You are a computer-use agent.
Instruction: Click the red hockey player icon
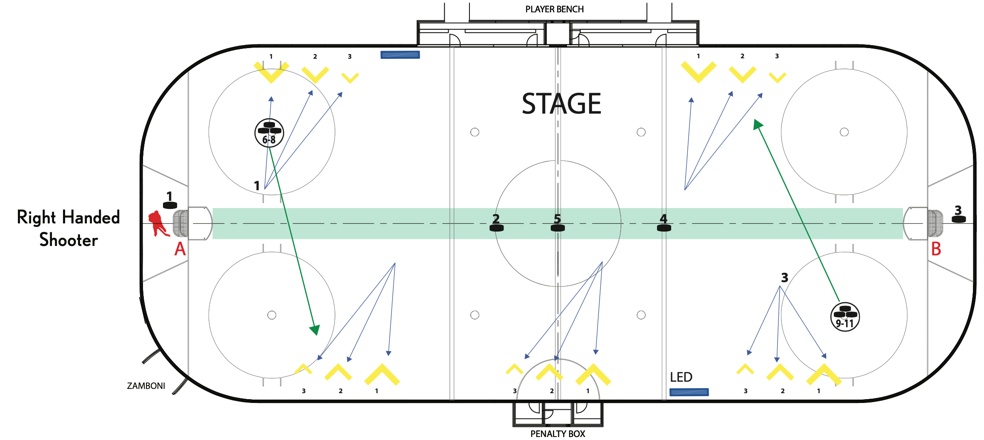pos(158,224)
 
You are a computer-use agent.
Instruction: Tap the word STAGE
pos(561,104)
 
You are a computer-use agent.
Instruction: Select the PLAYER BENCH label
pos(554,9)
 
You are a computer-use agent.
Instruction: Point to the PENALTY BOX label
pos(558,434)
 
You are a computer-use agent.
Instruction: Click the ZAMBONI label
pos(146,386)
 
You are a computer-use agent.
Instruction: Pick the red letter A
pos(180,249)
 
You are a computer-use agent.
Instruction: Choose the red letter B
pos(936,249)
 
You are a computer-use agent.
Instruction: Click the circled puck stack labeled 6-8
pos(269,133)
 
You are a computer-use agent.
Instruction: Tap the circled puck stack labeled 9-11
pos(845,317)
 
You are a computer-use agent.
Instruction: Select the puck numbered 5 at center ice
pos(558,228)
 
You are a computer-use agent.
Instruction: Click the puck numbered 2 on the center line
pos(496,228)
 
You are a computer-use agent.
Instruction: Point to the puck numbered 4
pos(664,228)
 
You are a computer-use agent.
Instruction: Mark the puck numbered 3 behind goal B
pos(958,219)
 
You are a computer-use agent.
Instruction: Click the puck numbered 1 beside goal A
pos(170,206)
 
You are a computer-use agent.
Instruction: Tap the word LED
pos(681,377)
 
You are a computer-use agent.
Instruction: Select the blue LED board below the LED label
pos(689,392)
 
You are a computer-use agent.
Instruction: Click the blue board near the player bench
pos(400,55)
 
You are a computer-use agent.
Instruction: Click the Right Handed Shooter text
pos(69,229)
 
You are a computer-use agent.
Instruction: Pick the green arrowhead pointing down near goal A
pos(315,330)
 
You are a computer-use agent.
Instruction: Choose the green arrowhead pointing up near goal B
pos(758,125)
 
